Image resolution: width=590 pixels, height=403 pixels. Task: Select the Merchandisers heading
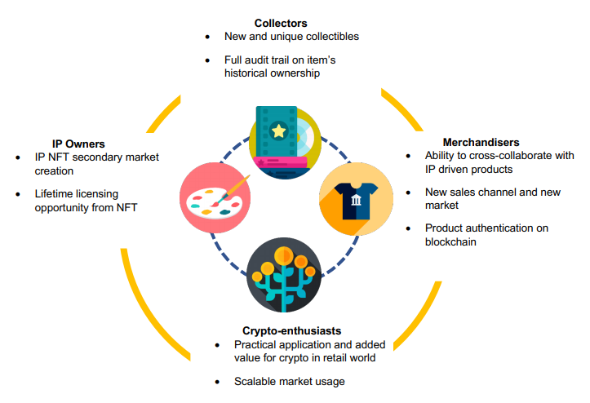481,142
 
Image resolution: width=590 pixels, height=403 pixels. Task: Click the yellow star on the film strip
277,130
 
